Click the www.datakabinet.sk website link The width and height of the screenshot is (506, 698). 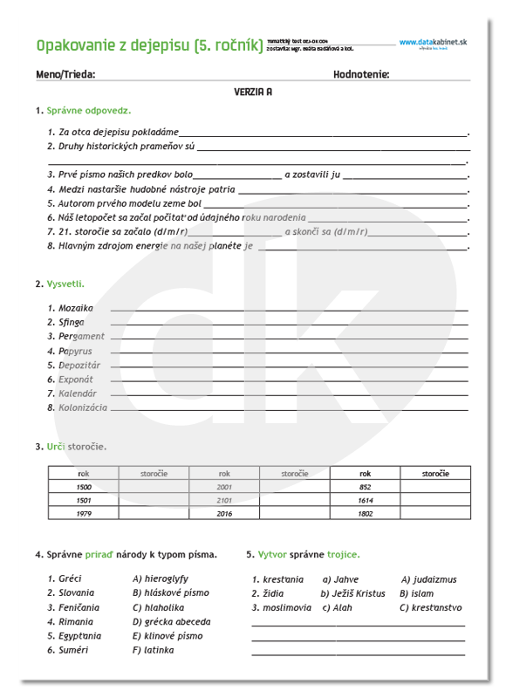click(x=434, y=42)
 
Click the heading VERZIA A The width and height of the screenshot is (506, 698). click(x=253, y=91)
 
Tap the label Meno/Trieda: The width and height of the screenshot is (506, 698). click(x=66, y=74)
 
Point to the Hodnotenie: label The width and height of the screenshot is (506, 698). click(x=361, y=74)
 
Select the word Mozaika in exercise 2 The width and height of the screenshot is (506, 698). click(x=75, y=307)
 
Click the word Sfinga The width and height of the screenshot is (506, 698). click(x=71, y=322)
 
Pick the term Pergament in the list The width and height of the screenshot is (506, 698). click(x=81, y=336)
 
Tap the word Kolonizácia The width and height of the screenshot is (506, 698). click(x=83, y=407)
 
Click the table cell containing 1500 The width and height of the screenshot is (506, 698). click(x=84, y=487)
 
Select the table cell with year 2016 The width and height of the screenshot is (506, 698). click(x=224, y=514)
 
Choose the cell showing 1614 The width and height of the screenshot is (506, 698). click(x=365, y=501)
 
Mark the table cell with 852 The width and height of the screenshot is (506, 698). click(x=365, y=487)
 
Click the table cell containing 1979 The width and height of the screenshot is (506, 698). click(x=84, y=514)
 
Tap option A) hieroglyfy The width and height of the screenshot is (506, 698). click(x=160, y=578)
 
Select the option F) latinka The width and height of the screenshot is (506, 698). click(x=153, y=650)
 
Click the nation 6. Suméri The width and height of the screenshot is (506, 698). click(x=71, y=650)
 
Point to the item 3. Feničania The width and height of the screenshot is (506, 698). click(x=73, y=607)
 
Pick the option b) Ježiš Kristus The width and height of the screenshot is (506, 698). click(x=352, y=593)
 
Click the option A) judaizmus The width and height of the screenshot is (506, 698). click(x=428, y=579)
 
